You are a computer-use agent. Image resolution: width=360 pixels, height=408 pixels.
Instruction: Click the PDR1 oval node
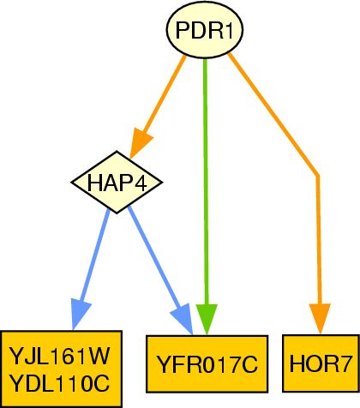pyautogui.click(x=205, y=30)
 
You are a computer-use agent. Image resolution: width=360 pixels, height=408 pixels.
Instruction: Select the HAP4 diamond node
pyautogui.click(x=117, y=182)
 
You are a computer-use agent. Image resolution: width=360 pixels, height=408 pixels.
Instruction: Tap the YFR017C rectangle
pyautogui.click(x=207, y=364)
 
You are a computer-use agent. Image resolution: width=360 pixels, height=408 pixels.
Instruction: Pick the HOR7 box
pyautogui.click(x=321, y=363)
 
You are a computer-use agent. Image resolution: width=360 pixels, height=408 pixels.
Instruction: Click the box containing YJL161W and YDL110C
pyautogui.click(x=61, y=369)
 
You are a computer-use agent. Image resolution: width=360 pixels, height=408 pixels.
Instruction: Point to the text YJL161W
pyautogui.click(x=59, y=356)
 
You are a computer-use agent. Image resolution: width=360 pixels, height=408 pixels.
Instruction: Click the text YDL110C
pyautogui.click(x=59, y=383)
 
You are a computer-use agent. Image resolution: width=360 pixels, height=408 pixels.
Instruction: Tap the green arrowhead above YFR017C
pyautogui.click(x=207, y=320)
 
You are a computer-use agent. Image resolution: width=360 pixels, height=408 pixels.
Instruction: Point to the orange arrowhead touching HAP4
pyautogui.click(x=141, y=144)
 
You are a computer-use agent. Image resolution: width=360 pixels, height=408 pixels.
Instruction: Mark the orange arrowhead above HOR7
pyautogui.click(x=320, y=319)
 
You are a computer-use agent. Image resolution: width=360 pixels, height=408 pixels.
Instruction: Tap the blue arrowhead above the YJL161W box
pyautogui.click(x=80, y=315)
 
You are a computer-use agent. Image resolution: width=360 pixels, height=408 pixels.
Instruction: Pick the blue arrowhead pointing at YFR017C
pyautogui.click(x=183, y=319)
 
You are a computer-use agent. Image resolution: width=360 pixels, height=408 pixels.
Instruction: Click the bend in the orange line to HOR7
pyautogui.click(x=317, y=176)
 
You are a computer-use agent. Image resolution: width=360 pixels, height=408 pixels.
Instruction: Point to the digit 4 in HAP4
pyautogui.click(x=141, y=183)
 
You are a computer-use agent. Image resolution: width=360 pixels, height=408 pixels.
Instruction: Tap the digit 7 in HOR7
pyautogui.click(x=344, y=363)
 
